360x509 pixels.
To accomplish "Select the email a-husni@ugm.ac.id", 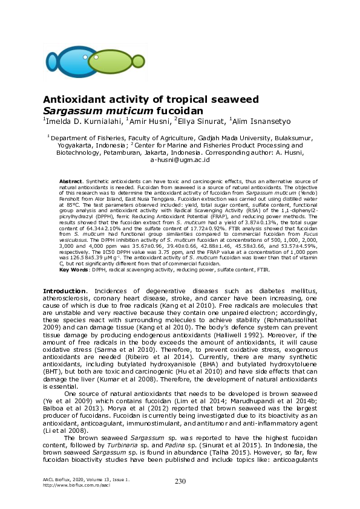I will pos(180,160).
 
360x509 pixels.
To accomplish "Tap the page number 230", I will pos(180,481).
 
